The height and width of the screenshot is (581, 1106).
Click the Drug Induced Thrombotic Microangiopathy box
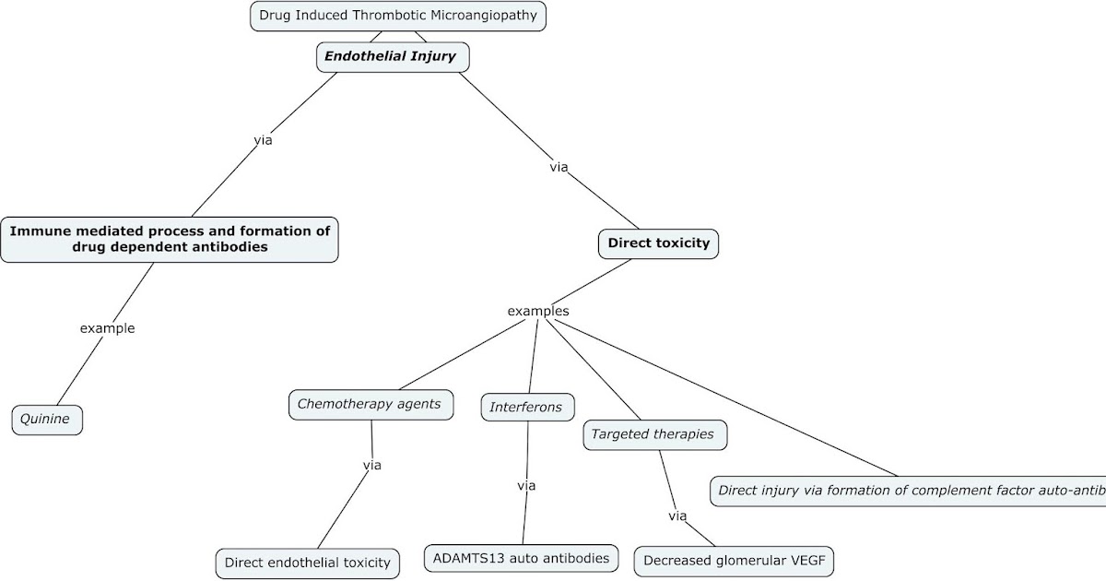(398, 16)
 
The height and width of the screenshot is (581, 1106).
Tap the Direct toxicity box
(658, 243)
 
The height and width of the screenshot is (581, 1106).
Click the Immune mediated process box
(170, 240)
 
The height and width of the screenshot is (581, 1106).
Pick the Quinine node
(47, 420)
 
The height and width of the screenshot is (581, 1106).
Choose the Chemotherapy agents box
(370, 404)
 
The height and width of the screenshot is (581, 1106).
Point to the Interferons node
(526, 407)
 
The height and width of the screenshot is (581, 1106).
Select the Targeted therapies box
(653, 433)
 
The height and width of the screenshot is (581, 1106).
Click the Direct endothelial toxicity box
(308, 562)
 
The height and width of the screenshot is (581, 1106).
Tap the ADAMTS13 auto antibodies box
(521, 557)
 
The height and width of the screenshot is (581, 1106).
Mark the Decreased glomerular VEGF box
(738, 560)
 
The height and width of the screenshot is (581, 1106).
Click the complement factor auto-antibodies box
(908, 491)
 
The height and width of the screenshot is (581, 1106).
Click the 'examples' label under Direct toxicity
(538, 311)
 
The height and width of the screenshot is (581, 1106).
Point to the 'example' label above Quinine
(107, 327)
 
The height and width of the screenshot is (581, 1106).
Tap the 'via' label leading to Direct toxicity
(559, 167)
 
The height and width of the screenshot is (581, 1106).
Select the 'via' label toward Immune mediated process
(263, 140)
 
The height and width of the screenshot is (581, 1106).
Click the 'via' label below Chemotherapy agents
(371, 465)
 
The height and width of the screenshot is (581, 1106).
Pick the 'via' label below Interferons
(526, 485)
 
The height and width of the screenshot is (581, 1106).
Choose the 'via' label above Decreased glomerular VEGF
(677, 516)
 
